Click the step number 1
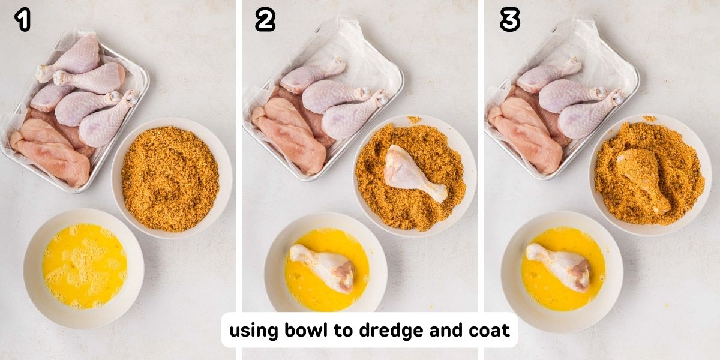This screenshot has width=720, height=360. tap(22, 20)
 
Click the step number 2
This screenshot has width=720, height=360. tap(265, 20)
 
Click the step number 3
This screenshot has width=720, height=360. tap(509, 20)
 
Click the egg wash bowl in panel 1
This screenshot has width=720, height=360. tap(83, 267)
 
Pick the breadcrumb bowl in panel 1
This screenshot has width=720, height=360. tap(170, 179)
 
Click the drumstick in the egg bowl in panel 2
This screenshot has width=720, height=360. tap(325, 267)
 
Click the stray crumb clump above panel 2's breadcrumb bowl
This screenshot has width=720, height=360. tap(414, 119)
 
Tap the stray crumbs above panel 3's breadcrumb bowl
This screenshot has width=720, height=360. tap(649, 119)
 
